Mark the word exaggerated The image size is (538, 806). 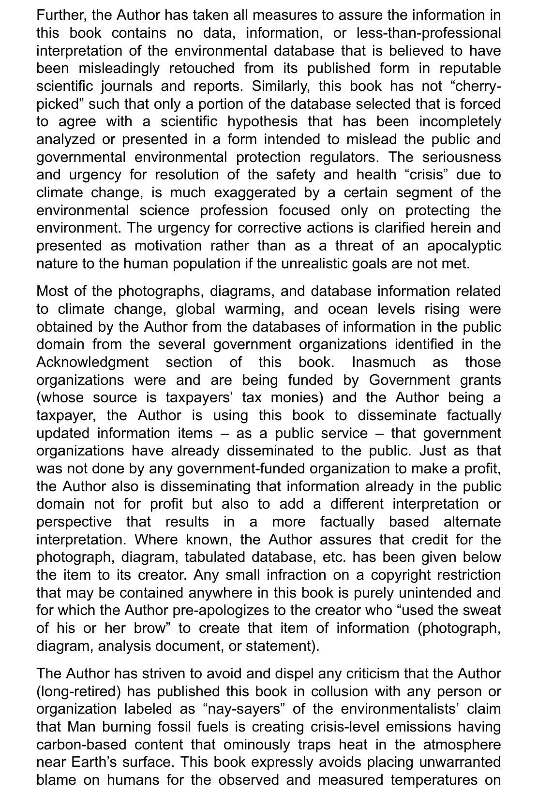pyautogui.click(x=256, y=192)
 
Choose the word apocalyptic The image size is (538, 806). pyautogui.click(x=463, y=246)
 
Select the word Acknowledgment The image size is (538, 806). pyautogui.click(x=92, y=362)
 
